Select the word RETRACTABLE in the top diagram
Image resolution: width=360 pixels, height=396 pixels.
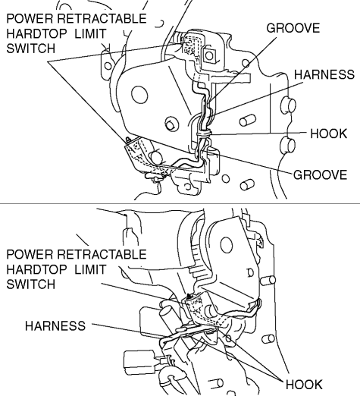click(102, 18)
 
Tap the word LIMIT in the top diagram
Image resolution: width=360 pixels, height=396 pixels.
click(90, 33)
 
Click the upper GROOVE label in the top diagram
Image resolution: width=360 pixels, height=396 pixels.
click(293, 28)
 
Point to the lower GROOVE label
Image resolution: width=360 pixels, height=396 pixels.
click(320, 174)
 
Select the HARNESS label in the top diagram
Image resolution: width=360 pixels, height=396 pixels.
click(324, 74)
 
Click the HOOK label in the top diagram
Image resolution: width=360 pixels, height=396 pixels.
click(329, 134)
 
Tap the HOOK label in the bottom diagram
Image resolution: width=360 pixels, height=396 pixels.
click(304, 385)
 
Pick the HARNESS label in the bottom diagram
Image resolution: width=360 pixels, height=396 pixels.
click(55, 325)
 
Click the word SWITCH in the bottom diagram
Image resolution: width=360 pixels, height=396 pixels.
click(30, 284)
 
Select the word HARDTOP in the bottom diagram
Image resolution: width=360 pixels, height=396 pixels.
click(37, 269)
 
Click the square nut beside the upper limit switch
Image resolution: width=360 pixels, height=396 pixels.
click(209, 55)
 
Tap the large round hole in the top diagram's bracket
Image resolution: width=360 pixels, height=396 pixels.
click(139, 95)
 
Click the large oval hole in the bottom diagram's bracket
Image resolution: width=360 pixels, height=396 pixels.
click(227, 245)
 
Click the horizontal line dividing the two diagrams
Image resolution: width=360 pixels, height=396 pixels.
click(180, 203)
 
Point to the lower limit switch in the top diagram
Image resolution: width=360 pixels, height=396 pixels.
click(138, 153)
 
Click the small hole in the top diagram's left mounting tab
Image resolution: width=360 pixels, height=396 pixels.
click(108, 66)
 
